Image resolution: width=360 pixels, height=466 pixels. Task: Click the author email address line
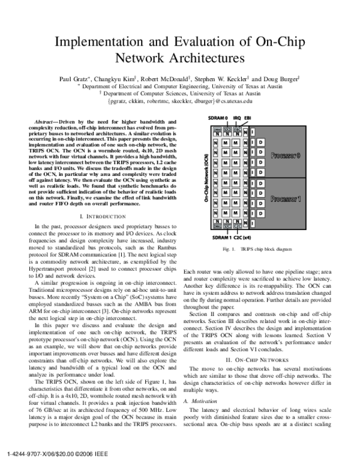point(180,101)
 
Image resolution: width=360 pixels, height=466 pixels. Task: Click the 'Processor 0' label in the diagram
point(285,156)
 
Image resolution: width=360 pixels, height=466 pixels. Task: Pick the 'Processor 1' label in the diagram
point(285,198)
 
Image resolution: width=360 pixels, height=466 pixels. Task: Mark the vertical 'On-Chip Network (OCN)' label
point(206,178)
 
